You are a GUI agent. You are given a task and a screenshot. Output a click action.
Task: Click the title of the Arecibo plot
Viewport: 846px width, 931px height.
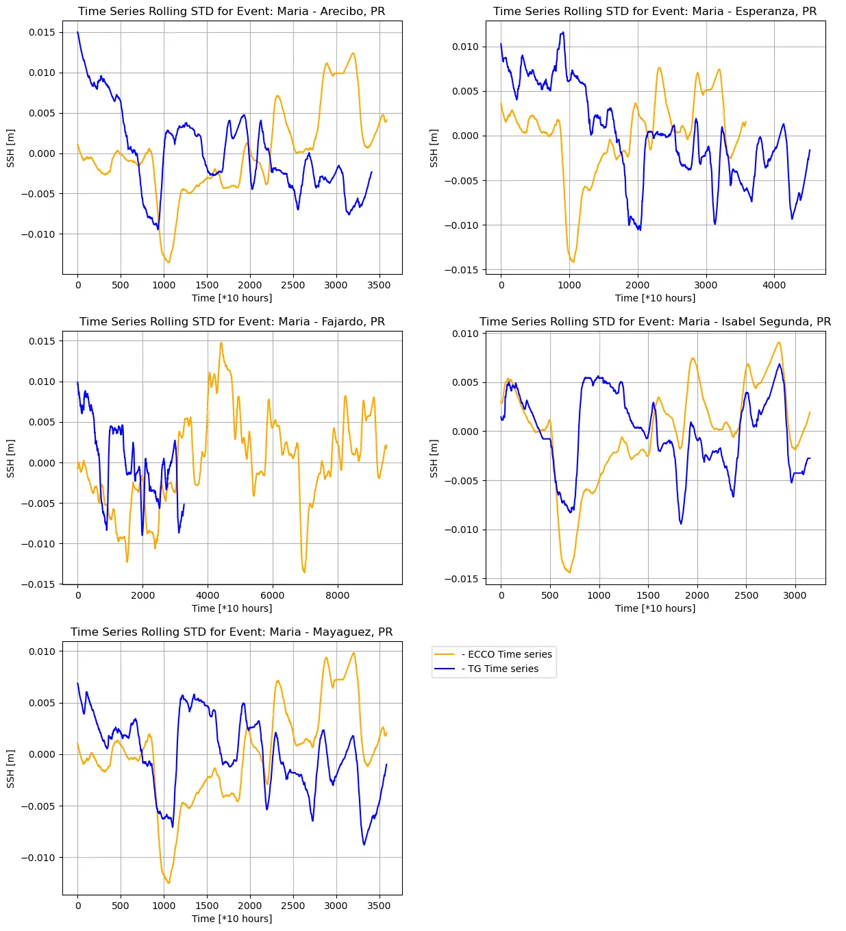click(x=232, y=12)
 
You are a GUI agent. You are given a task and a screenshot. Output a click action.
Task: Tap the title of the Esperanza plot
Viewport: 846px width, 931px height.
click(x=655, y=12)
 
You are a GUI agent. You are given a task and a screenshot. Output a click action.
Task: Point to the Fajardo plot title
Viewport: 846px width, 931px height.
click(x=232, y=322)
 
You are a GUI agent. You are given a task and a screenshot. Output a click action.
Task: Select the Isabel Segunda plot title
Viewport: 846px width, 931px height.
click(x=655, y=322)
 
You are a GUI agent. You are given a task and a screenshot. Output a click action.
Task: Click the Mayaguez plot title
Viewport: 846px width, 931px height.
click(x=232, y=632)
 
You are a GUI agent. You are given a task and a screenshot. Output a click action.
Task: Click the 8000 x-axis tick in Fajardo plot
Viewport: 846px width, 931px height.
click(x=337, y=595)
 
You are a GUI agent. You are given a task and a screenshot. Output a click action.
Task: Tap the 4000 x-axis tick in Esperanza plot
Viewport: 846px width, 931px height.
click(x=774, y=285)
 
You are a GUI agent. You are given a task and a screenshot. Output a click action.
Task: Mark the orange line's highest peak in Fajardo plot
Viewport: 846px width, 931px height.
click(x=221, y=343)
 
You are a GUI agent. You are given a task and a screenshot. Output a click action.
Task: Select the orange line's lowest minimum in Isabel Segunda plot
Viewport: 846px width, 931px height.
click(x=569, y=572)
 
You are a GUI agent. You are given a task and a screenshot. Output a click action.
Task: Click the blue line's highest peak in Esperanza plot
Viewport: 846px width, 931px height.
click(x=563, y=32)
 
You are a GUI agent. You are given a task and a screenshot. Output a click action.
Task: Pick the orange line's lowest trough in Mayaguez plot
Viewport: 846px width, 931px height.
click(x=169, y=882)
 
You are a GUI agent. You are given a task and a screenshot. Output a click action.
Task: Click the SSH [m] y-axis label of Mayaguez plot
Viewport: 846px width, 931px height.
click(x=11, y=769)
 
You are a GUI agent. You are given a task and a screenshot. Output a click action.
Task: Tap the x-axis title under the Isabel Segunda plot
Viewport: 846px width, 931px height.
click(x=655, y=608)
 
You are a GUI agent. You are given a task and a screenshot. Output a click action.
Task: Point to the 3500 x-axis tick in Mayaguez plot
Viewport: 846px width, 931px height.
click(x=379, y=906)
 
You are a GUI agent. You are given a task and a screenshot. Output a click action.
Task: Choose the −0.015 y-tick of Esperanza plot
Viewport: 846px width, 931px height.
click(x=466, y=270)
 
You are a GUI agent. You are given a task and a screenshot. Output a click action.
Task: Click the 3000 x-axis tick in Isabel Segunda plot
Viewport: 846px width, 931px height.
click(x=795, y=595)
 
